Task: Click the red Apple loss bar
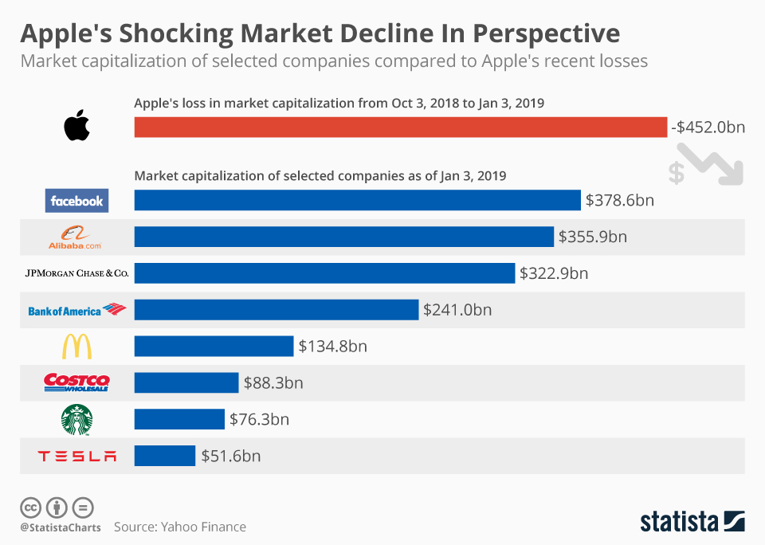pyautogui.click(x=400, y=127)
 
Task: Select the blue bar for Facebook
pyautogui.click(x=357, y=200)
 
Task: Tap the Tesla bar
pyautogui.click(x=165, y=456)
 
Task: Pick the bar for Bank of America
pyautogui.click(x=276, y=310)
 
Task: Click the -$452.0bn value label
pyautogui.click(x=708, y=127)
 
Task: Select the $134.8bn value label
pyautogui.click(x=332, y=347)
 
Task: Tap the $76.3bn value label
pyautogui.click(x=259, y=419)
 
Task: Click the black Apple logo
pyautogui.click(x=77, y=127)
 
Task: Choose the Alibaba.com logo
pyautogui.click(x=76, y=237)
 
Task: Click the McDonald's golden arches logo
pyautogui.click(x=76, y=347)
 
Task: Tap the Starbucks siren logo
pyautogui.click(x=76, y=419)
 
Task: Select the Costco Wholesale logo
pyautogui.click(x=76, y=382)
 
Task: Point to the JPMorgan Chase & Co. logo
pyautogui.click(x=76, y=273)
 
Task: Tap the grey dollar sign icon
pyautogui.click(x=676, y=173)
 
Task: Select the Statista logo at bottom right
pyautogui.click(x=692, y=521)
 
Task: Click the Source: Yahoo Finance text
pyautogui.click(x=180, y=527)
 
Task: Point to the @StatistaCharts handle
pyautogui.click(x=60, y=527)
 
